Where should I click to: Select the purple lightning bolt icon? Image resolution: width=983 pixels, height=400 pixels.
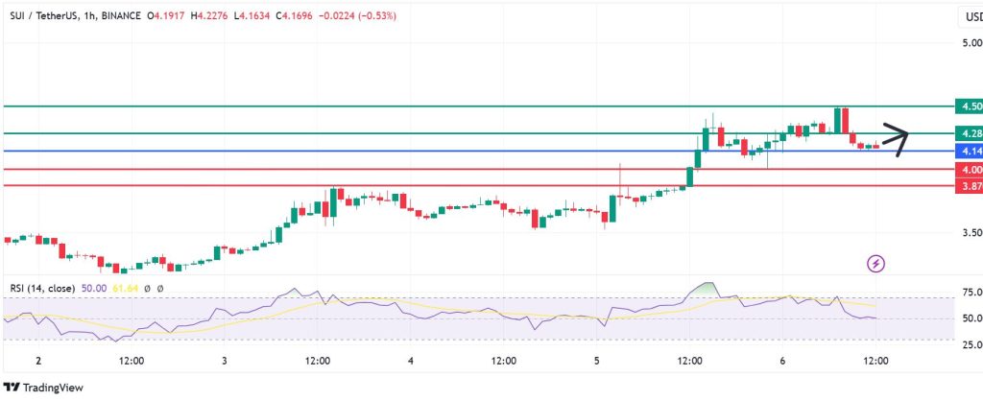click(875, 262)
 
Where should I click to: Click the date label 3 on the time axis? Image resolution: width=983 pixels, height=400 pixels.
click(224, 361)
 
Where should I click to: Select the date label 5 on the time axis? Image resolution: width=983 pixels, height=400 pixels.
click(597, 361)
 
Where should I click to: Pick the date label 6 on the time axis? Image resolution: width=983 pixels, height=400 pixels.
click(783, 361)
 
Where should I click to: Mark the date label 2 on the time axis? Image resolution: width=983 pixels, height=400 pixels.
click(37, 361)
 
